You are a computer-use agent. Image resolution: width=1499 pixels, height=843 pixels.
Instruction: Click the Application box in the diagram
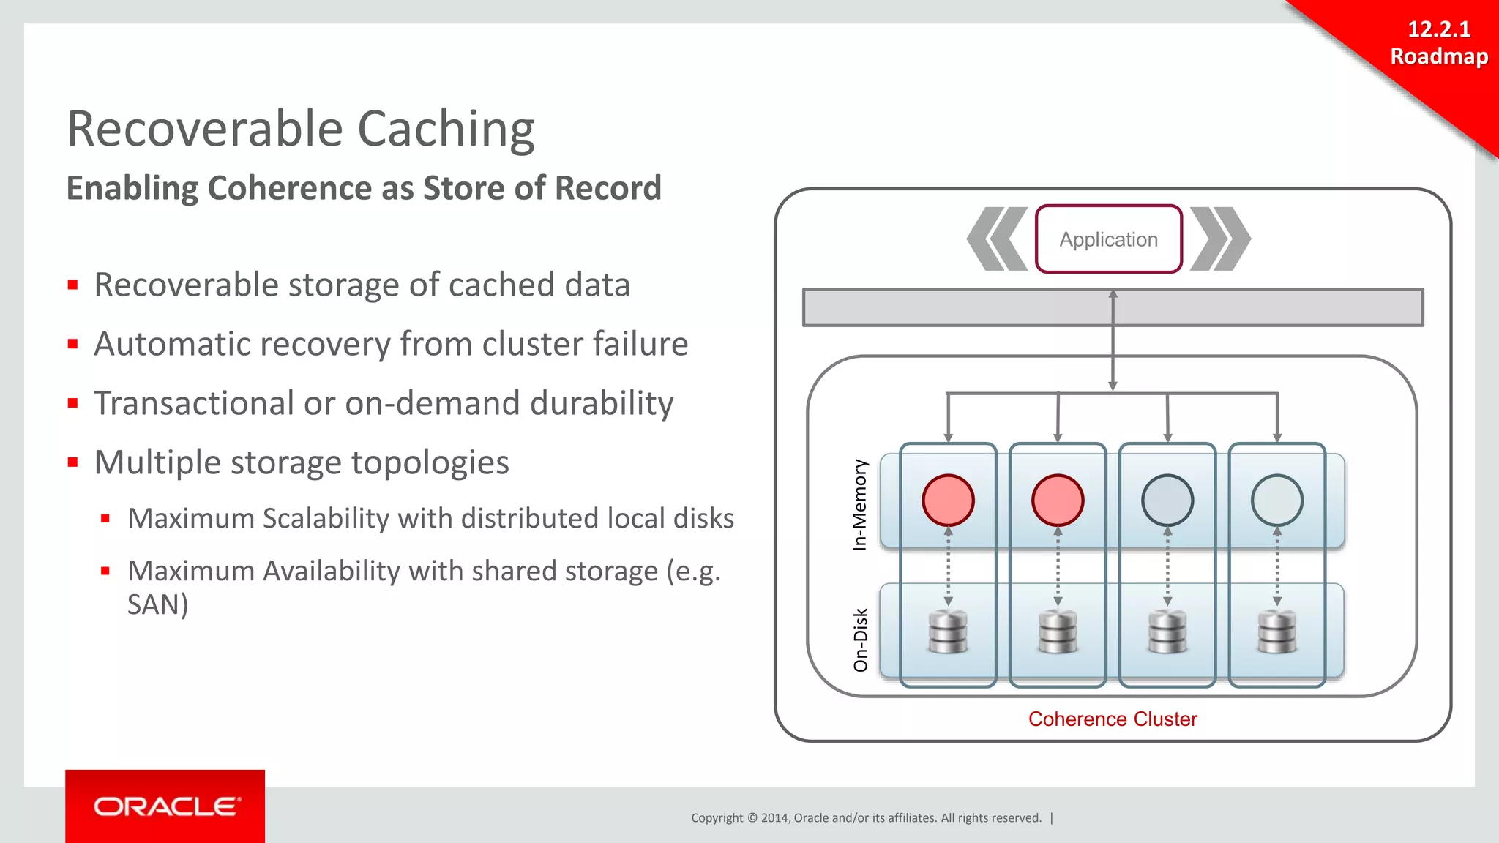[1108, 239]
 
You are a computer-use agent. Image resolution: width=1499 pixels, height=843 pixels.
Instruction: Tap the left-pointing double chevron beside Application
[996, 239]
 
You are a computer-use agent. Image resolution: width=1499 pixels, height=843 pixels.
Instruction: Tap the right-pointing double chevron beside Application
[1220, 239]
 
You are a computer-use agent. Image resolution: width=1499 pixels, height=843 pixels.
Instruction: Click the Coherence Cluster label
[1113, 719]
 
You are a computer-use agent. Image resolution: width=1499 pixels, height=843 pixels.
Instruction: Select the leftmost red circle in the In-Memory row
[948, 501]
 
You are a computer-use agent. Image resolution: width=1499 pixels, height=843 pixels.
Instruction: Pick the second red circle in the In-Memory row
[1058, 501]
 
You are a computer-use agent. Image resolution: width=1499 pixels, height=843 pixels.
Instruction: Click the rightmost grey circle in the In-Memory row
[1277, 501]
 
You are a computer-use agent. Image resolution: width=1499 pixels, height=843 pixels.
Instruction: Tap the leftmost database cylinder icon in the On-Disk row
[948, 632]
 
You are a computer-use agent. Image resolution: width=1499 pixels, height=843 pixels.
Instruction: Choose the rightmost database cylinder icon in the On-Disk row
[1277, 632]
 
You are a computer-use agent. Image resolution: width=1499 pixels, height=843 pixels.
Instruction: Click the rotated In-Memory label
[860, 504]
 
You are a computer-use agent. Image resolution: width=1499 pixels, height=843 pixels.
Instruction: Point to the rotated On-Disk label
[861, 640]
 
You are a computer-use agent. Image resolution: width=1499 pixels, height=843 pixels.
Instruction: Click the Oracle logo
[165, 806]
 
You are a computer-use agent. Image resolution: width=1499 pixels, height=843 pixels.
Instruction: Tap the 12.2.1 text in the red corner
[1438, 29]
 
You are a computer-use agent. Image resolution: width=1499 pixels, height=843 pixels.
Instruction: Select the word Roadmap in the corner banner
[1439, 56]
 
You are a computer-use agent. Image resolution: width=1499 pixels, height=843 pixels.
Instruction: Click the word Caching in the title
[446, 130]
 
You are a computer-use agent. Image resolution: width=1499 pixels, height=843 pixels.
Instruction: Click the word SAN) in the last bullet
[157, 605]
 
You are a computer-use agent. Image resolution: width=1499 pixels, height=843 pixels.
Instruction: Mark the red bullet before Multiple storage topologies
[72, 462]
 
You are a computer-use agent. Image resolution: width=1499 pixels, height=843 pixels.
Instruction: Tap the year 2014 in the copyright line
[774, 818]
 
